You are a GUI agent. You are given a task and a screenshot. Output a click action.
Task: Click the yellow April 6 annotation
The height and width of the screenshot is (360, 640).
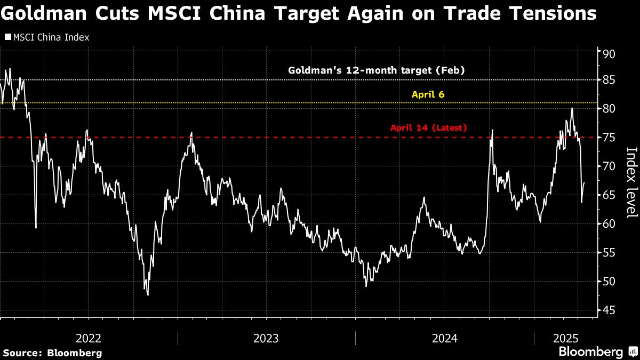click(428, 94)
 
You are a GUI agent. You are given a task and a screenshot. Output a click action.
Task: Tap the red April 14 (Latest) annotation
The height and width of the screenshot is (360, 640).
click(428, 128)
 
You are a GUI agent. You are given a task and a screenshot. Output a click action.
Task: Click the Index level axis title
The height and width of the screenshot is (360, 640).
click(631, 182)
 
